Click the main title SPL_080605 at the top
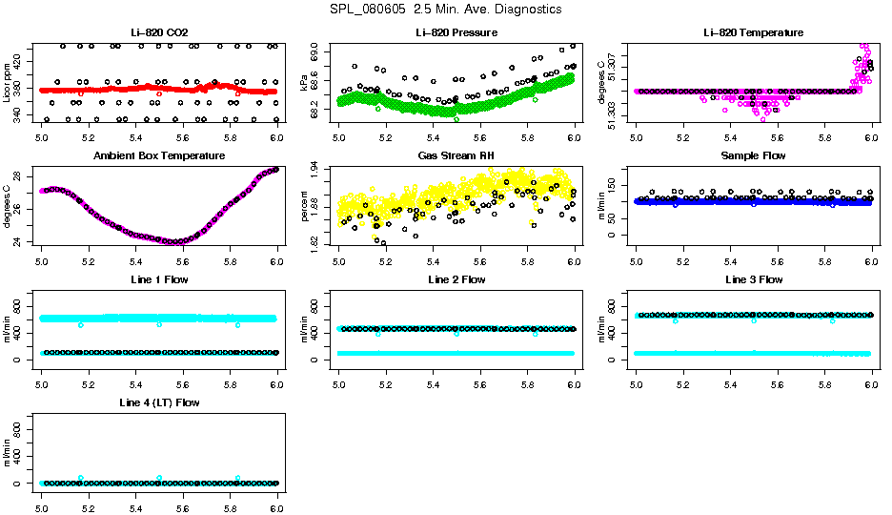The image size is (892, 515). click(x=445, y=10)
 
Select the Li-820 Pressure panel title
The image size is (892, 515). click(x=456, y=32)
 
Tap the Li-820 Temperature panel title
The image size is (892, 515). click(x=754, y=32)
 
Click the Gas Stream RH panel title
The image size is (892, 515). click(x=456, y=155)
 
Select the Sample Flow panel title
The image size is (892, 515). click(x=754, y=155)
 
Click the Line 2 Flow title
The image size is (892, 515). click(x=456, y=279)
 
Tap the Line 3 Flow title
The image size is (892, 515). click(x=754, y=279)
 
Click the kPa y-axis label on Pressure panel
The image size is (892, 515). click(x=303, y=83)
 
